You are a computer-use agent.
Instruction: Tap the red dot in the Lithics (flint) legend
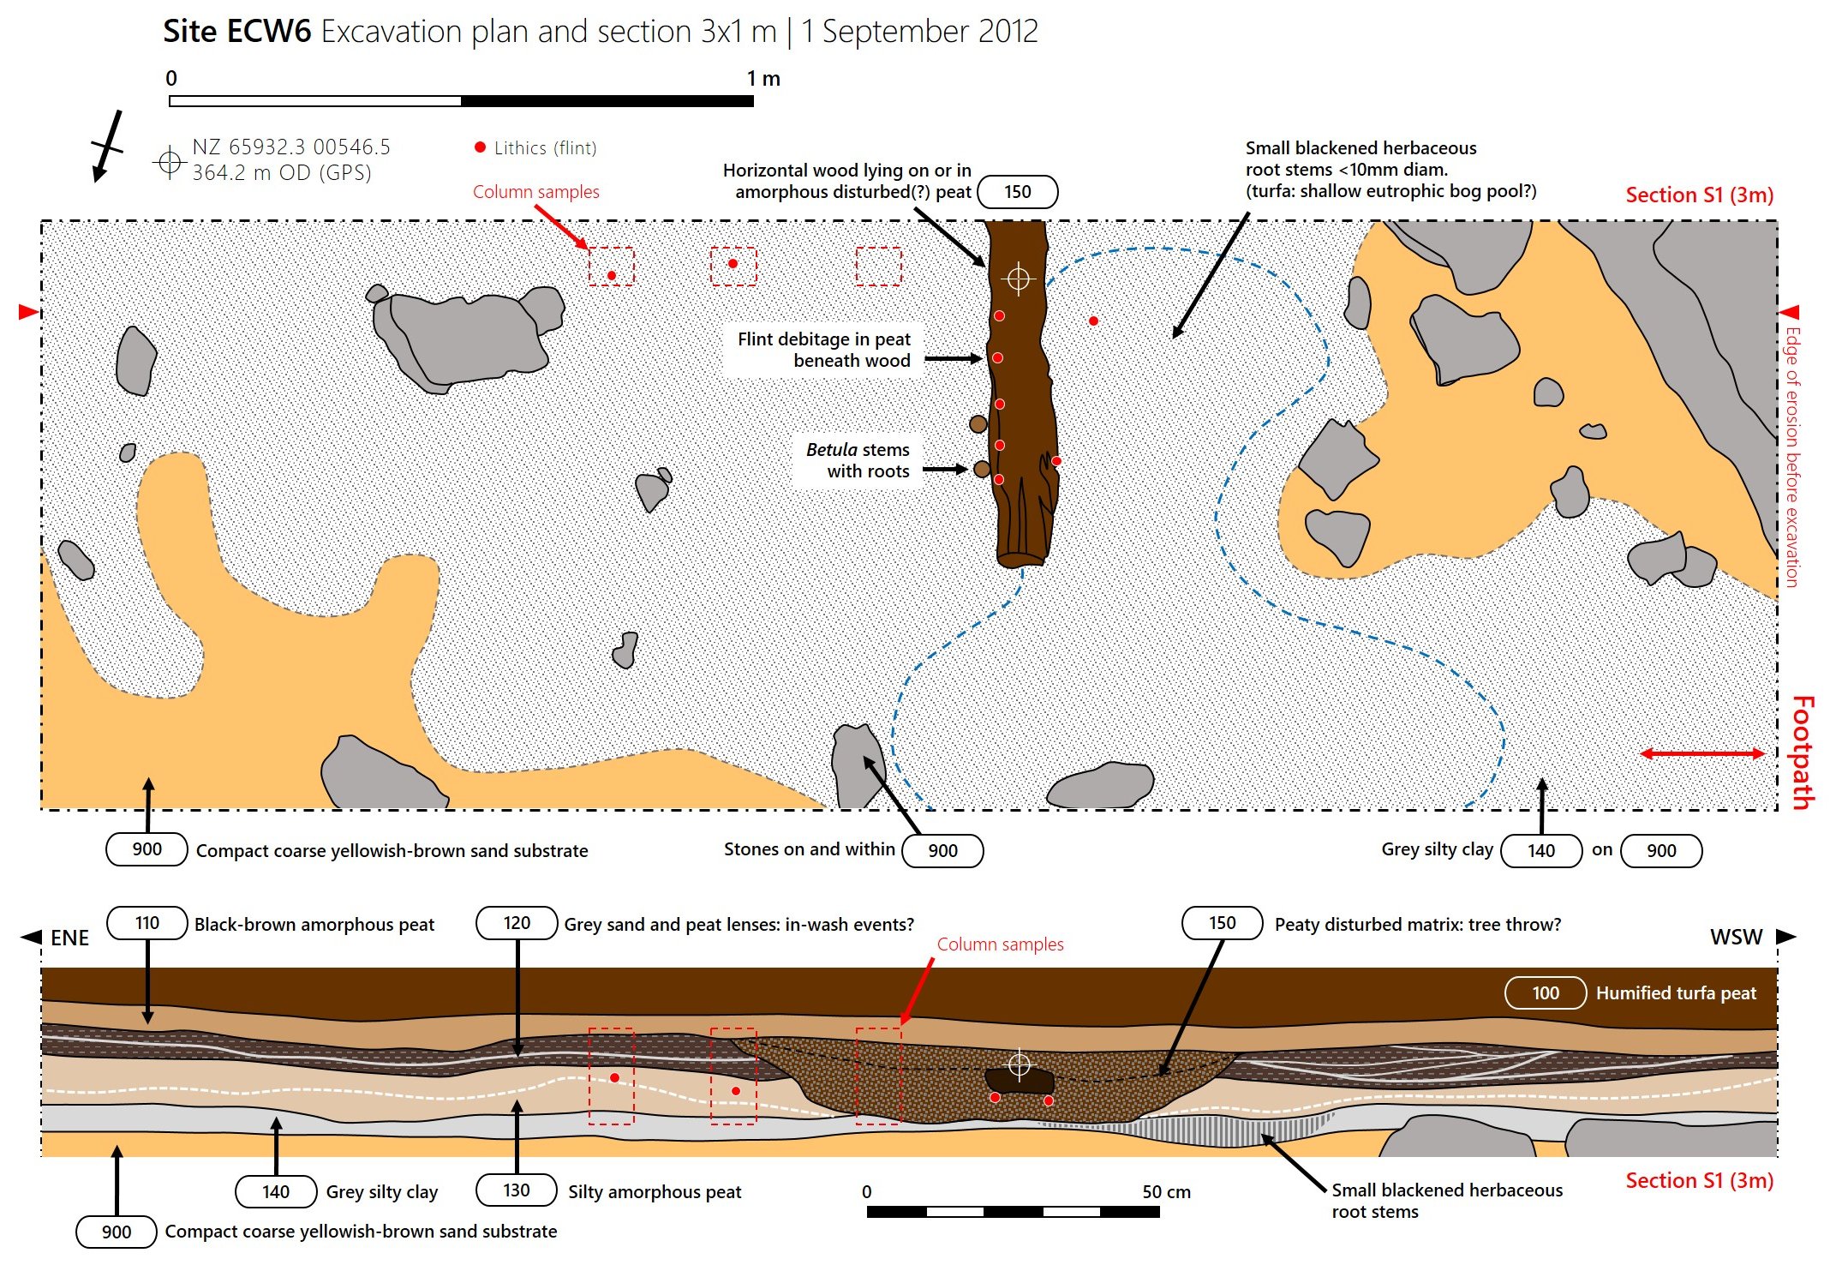tap(480, 147)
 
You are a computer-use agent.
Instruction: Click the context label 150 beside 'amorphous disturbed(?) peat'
tap(1017, 192)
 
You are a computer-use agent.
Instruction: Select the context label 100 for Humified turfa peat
tap(1545, 992)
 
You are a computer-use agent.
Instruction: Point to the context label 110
tap(147, 923)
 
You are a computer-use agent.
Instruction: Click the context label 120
tap(517, 923)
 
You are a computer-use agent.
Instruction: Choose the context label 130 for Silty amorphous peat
tap(517, 1190)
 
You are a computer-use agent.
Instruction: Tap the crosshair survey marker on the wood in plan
tap(1018, 279)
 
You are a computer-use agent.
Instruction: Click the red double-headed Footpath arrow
tap(1701, 753)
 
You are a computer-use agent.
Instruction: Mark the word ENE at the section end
tap(69, 938)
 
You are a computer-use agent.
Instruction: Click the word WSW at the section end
tap(1736, 937)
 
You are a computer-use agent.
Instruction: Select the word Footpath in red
tap(1803, 752)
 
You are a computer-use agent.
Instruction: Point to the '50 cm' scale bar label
tap(1166, 1192)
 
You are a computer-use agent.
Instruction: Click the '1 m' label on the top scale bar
tap(763, 79)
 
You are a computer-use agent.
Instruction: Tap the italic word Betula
tap(831, 450)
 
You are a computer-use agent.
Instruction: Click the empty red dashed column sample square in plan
tap(878, 266)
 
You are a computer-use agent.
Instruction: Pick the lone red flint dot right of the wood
tap(1093, 321)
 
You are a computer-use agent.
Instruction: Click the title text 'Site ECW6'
tap(236, 32)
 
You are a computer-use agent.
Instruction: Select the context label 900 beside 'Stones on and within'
tap(942, 850)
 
